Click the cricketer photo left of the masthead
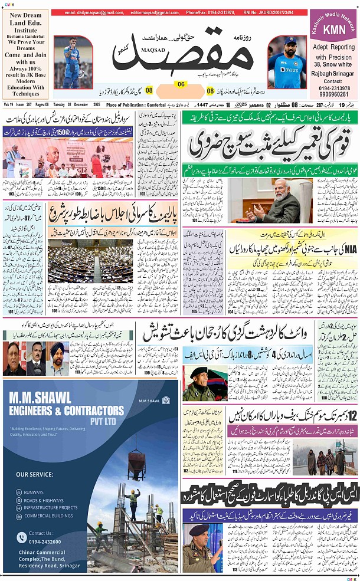point(73,62)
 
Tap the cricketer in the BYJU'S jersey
point(286,62)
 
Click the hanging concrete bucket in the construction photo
point(135,457)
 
